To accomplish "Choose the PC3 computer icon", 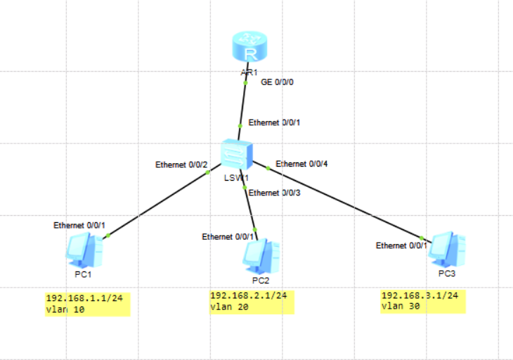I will click(x=447, y=247).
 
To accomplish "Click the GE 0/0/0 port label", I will click(x=277, y=82).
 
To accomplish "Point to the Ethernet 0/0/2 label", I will click(x=181, y=165).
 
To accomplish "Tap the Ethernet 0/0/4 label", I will click(x=301, y=164).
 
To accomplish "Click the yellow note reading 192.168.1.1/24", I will click(x=88, y=303).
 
